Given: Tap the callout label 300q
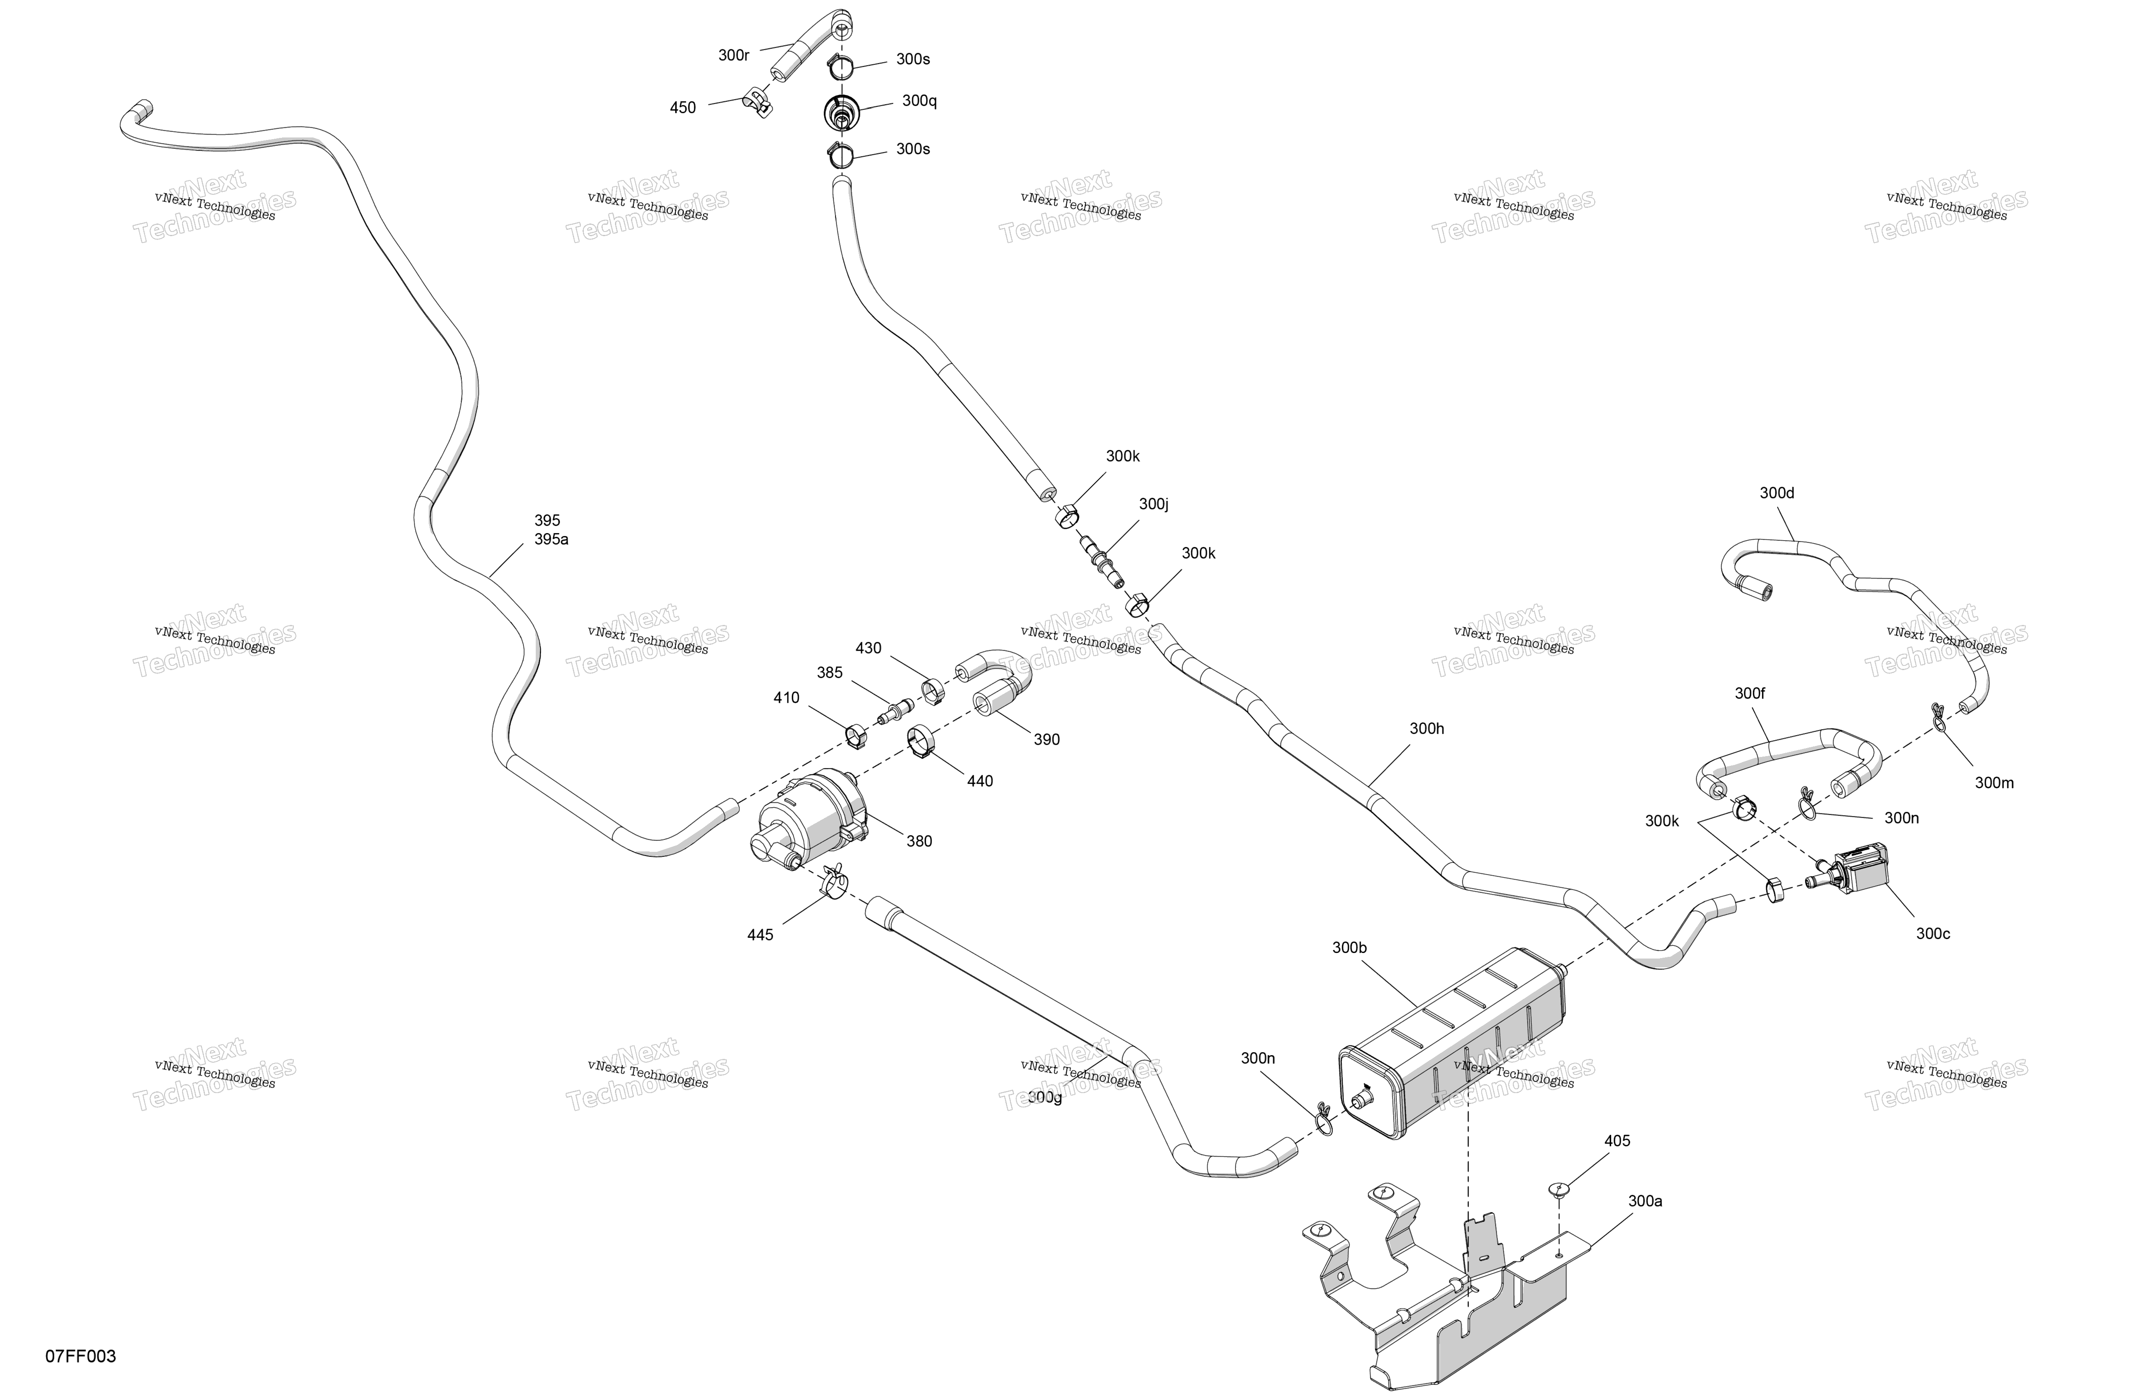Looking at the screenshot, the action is coord(919,100).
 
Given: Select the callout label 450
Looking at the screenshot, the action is coord(682,108).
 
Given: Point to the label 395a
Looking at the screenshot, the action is coord(551,540).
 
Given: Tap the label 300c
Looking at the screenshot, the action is coord(1932,933).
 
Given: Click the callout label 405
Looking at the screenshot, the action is coord(1617,1141).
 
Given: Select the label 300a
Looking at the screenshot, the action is coord(1645,1201).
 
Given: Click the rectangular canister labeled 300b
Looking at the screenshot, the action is coord(1453,1044).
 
